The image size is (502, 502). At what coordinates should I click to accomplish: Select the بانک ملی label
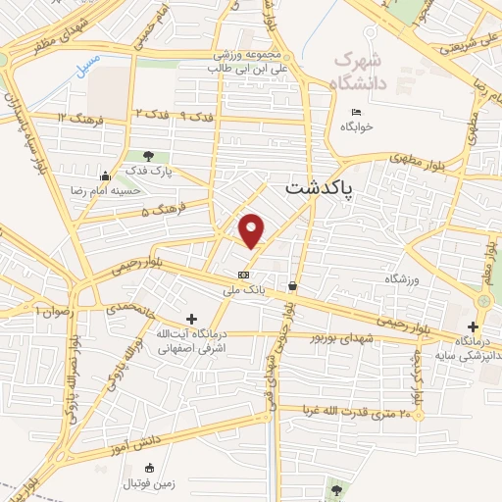(245, 291)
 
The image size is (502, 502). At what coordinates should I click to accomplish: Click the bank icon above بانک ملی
(244, 275)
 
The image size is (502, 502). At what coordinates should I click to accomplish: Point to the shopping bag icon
(292, 285)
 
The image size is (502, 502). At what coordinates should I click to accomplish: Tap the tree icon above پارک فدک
(148, 155)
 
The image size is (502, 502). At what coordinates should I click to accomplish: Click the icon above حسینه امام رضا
(104, 176)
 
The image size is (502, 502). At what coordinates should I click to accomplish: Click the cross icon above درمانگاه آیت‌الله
(191, 319)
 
